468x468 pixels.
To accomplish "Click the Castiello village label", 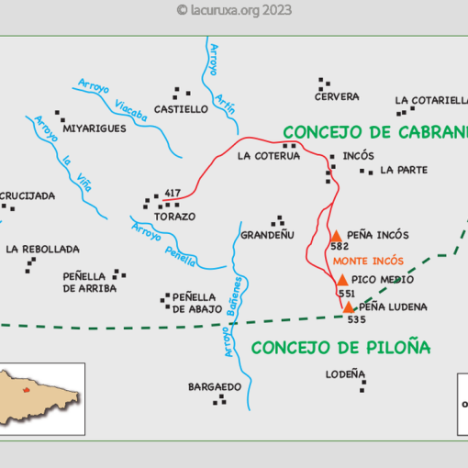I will (182, 109).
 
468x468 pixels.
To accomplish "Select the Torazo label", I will (175, 217).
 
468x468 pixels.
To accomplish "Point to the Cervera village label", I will (337, 96).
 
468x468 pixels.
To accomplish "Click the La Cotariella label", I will (430, 101).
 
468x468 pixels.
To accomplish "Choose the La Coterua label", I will (269, 156).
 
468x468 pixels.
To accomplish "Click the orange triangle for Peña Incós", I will (336, 235).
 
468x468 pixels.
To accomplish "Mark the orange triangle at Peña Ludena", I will (349, 306).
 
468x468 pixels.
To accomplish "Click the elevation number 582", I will (340, 247).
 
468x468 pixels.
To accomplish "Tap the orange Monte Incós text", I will (367, 262).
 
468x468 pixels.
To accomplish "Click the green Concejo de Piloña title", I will (340, 348).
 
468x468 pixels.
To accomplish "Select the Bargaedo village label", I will (215, 386).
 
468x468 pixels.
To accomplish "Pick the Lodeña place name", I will (345, 374).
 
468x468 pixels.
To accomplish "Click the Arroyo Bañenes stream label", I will (233, 317).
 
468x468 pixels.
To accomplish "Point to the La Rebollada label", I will (42, 249).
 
